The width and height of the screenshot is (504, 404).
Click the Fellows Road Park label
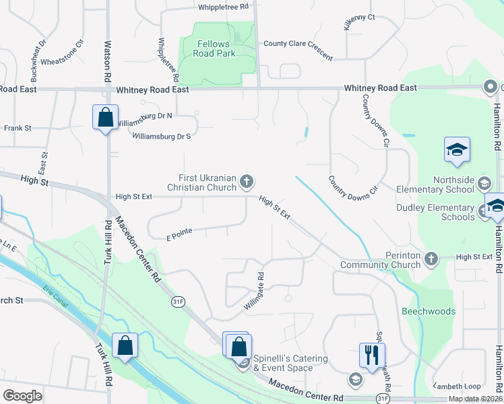[x=216, y=48]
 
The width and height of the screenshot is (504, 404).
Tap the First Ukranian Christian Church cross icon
[x=247, y=180]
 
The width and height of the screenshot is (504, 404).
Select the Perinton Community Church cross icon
[x=432, y=257]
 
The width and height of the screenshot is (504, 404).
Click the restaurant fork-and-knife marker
[x=372, y=354]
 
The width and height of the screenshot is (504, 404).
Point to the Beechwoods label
[x=428, y=311]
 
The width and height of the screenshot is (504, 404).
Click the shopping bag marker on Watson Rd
[x=105, y=118]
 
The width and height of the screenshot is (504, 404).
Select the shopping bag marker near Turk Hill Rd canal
[x=125, y=346]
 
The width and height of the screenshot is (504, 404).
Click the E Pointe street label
[x=179, y=234]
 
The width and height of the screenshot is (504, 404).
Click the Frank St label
[x=18, y=128]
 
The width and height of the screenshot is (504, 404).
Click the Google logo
[x=22, y=396]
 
